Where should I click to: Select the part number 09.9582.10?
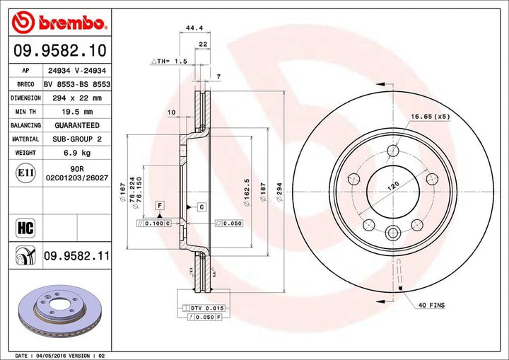pos(59,51)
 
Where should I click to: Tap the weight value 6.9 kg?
pos(76,153)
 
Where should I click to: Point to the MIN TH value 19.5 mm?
pos(76,111)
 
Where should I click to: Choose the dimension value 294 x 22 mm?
pos(76,98)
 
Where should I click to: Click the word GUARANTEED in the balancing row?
pos(76,125)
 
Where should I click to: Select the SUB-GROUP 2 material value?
pos(76,139)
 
